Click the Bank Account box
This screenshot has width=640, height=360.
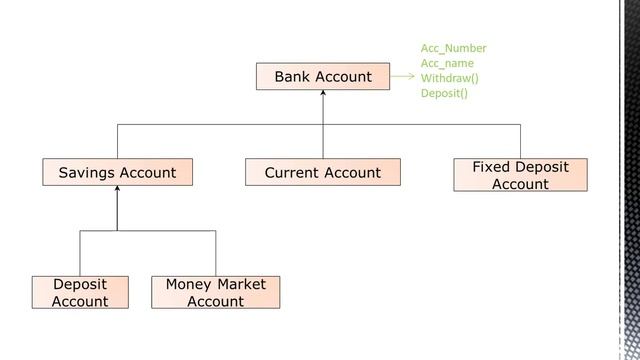tap(323, 76)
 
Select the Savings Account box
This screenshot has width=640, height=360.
tap(118, 172)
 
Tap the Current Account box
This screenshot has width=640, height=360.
tap(323, 172)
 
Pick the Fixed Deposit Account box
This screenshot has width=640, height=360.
tap(520, 175)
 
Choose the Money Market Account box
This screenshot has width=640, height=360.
tap(216, 292)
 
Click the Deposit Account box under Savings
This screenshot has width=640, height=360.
tap(80, 292)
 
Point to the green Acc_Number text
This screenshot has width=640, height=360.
tap(453, 48)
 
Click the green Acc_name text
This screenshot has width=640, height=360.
tap(447, 63)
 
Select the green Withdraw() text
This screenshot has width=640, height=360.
tap(449, 78)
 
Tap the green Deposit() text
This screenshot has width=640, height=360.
tap(444, 93)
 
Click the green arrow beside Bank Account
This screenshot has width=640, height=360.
tap(403, 76)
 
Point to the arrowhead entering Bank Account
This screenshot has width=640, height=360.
tap(323, 92)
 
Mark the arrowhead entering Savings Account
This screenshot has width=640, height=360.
tap(117, 188)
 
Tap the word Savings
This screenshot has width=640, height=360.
tap(87, 173)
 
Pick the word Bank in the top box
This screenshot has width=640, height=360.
tap(292, 76)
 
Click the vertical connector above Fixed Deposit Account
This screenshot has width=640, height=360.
tap(520, 141)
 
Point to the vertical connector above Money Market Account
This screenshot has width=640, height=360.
tap(216, 253)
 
